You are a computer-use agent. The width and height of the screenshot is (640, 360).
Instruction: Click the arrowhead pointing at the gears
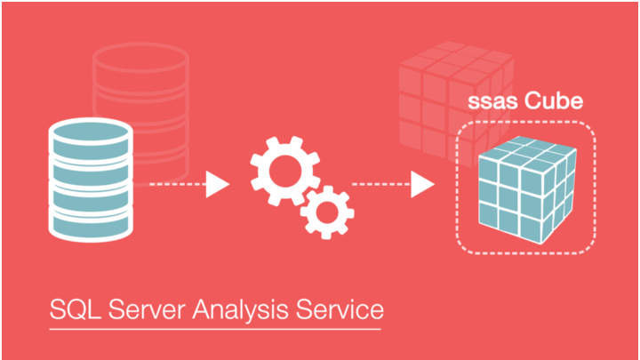[218, 185]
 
